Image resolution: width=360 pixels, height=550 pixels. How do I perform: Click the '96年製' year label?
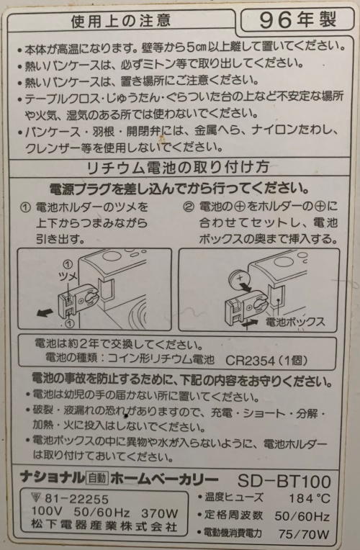click(297, 20)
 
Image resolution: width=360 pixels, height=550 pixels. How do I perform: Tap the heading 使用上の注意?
click(121, 21)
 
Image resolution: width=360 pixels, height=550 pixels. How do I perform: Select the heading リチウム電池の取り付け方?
click(178, 167)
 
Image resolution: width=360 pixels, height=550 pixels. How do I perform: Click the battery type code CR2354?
click(250, 361)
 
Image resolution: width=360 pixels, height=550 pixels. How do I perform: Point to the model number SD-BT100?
click(284, 481)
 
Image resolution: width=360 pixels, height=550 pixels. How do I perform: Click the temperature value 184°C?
click(309, 498)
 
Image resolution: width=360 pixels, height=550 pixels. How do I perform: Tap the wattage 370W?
click(160, 513)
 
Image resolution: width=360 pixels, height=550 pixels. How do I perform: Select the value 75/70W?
click(304, 534)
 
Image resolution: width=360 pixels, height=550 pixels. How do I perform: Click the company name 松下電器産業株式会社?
click(104, 526)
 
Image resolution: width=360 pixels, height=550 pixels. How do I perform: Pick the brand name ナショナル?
click(53, 477)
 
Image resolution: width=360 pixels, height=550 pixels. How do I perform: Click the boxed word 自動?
click(97, 478)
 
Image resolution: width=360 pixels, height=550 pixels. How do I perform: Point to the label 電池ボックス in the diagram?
click(295, 321)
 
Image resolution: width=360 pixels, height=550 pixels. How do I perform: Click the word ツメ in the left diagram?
click(68, 276)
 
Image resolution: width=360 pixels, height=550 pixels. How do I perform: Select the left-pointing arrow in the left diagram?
click(45, 312)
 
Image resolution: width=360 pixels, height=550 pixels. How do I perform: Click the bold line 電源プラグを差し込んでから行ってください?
click(179, 189)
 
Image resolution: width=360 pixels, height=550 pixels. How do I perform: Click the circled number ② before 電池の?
click(189, 207)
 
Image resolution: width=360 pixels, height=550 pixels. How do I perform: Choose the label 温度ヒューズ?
click(234, 497)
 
